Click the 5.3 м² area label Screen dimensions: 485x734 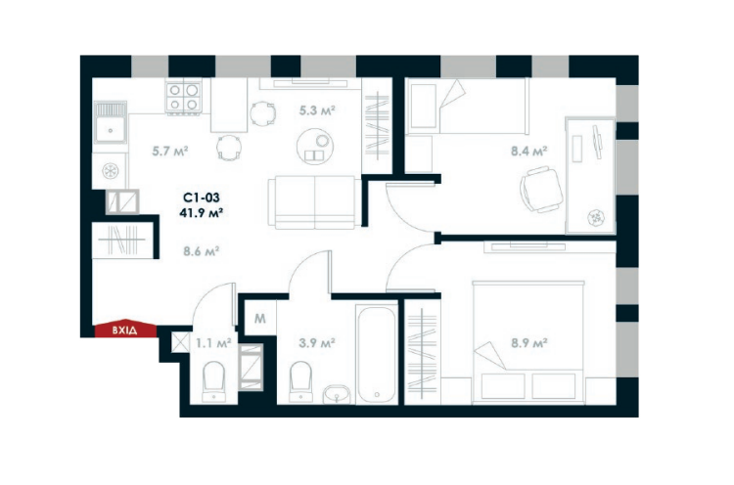pyautogui.click(x=317, y=110)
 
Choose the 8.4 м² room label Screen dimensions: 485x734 pyautogui.click(x=528, y=151)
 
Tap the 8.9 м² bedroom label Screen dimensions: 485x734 pyautogui.click(x=528, y=342)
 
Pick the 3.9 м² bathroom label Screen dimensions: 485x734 pyautogui.click(x=317, y=342)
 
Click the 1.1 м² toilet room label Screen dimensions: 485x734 pyautogui.click(x=211, y=342)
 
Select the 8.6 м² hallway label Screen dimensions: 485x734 pyautogui.click(x=201, y=250)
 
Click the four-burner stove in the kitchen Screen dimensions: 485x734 pyautogui.click(x=184, y=98)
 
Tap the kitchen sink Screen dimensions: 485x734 pyautogui.click(x=111, y=128)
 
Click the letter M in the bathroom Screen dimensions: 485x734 pyautogui.click(x=260, y=318)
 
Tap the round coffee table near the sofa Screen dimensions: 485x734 pyautogui.click(x=316, y=149)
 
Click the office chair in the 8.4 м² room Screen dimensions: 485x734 pyautogui.click(x=539, y=185)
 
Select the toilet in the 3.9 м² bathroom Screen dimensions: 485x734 pyautogui.click(x=300, y=377)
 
